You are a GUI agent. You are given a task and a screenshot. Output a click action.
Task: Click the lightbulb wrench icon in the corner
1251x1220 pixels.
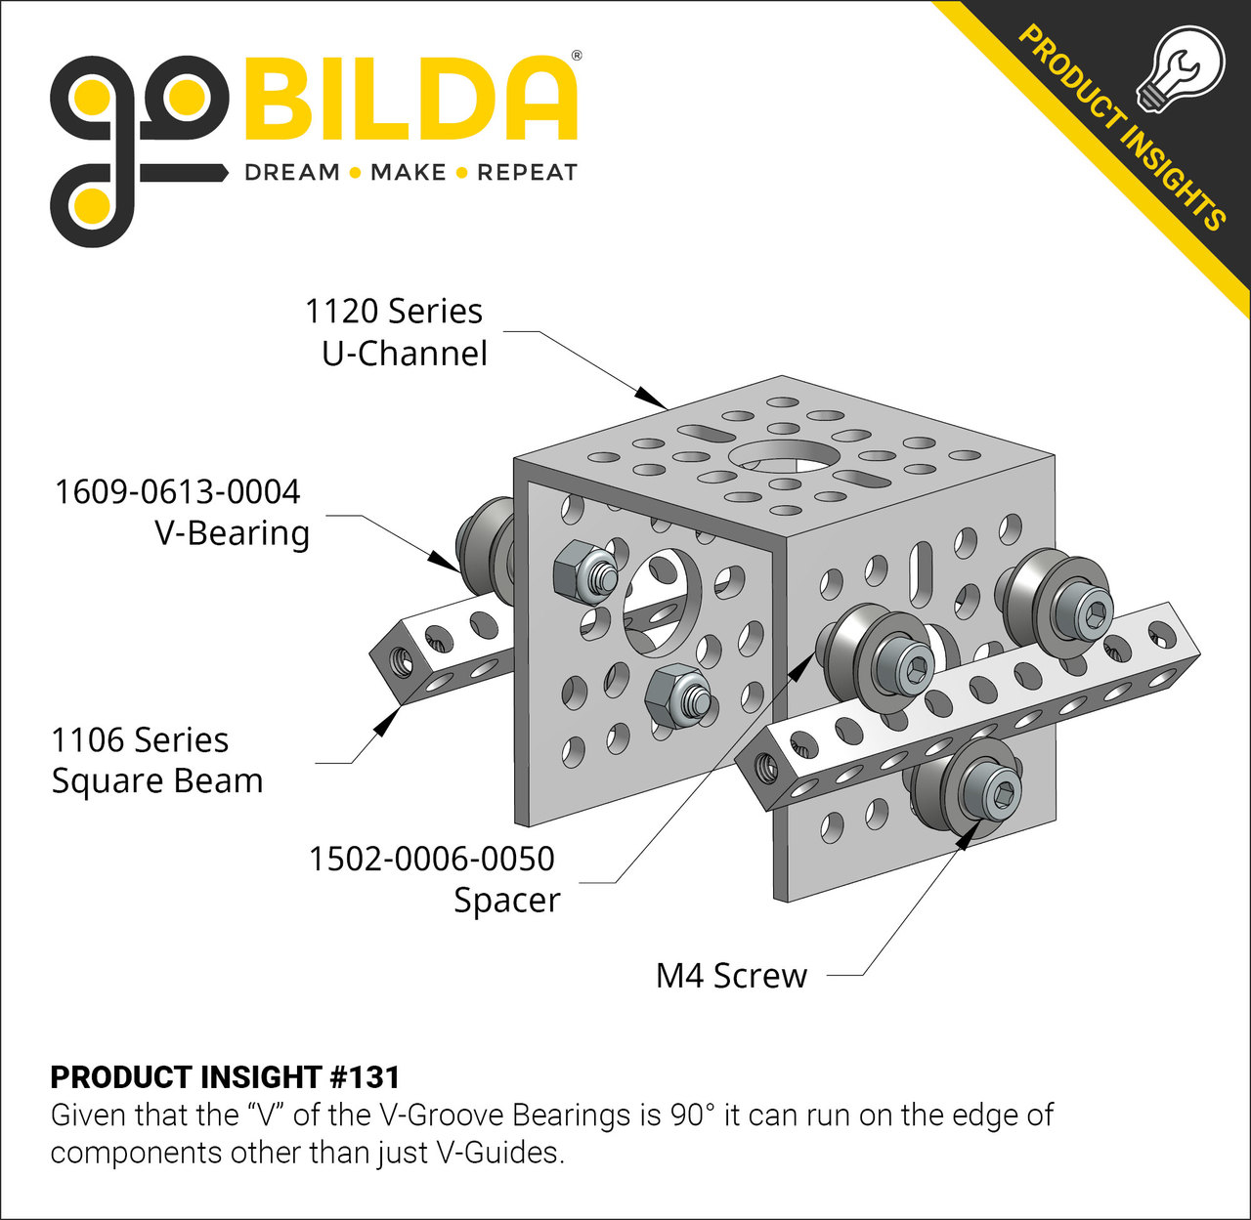click(x=1180, y=66)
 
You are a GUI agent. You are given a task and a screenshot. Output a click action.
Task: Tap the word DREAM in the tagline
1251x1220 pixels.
click(x=291, y=173)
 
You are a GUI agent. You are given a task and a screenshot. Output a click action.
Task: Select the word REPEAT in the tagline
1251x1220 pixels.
click(x=527, y=173)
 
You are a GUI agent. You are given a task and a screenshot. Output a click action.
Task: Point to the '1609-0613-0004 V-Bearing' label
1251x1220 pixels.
click(x=181, y=512)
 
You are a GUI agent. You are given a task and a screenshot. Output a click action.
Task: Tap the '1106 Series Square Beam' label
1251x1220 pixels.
click(x=156, y=761)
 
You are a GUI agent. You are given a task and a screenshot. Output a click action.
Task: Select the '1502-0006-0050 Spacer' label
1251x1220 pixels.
click(x=434, y=879)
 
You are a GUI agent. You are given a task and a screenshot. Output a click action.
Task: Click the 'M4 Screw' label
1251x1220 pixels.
click(x=731, y=976)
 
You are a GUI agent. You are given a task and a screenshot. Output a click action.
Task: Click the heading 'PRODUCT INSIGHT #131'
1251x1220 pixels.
click(x=225, y=1077)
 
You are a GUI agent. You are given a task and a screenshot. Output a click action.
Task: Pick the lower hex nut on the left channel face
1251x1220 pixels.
click(x=673, y=695)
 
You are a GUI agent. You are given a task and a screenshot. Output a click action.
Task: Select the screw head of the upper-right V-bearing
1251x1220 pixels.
click(x=1085, y=611)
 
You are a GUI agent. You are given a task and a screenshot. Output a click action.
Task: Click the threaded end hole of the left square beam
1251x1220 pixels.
click(x=400, y=661)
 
